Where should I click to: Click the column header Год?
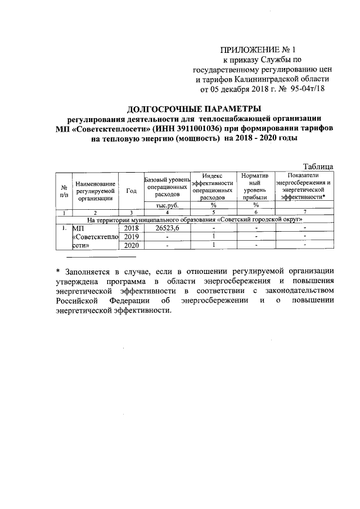[132, 191]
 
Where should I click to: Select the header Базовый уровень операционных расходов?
[166, 186]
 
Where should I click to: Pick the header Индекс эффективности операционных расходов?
[213, 186]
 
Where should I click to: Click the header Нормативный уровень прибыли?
[255, 186]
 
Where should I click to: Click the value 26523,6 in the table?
[166, 228]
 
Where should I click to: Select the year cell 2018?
[131, 228]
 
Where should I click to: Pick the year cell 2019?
[131, 237]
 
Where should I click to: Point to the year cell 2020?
[131, 245]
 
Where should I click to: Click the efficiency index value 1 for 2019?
[213, 237]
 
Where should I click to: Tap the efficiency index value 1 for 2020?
[213, 245]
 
